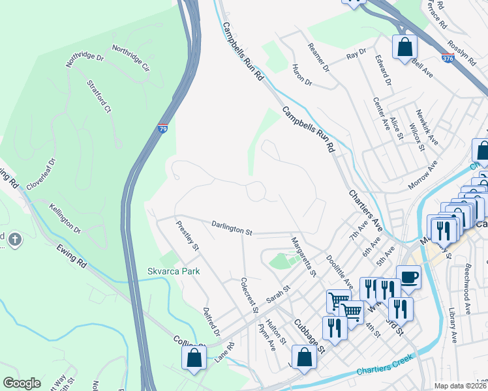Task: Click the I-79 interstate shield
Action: (x=162, y=129)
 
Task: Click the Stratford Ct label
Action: (x=99, y=96)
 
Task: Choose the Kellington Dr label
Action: (x=65, y=219)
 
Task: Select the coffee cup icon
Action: (x=408, y=277)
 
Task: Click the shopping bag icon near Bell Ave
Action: (x=404, y=47)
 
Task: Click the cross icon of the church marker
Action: (x=15, y=239)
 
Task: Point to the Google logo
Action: (x=22, y=383)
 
